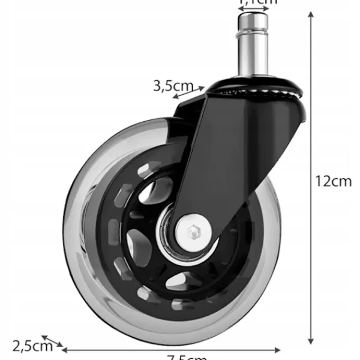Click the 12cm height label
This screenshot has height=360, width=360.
pos(334,181)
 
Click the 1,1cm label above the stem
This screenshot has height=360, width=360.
pos(258,2)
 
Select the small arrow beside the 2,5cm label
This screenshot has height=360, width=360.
pos(52,341)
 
